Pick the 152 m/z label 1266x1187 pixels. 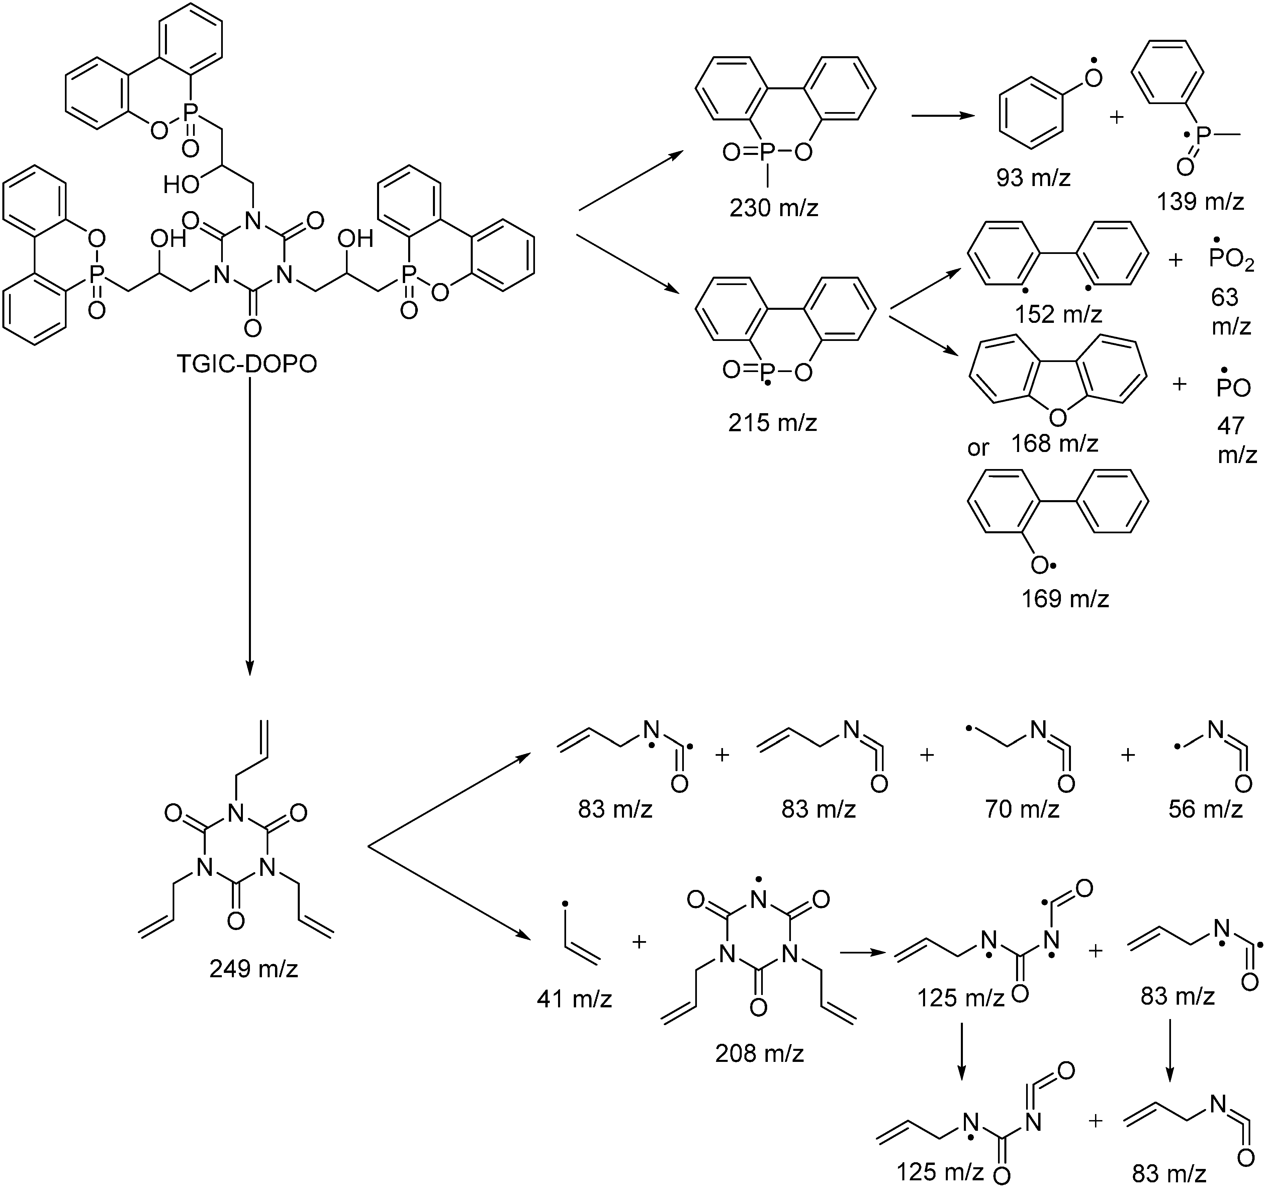1058,314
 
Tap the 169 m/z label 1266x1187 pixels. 1065,599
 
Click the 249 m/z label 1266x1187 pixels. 254,969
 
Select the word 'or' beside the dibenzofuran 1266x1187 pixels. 978,448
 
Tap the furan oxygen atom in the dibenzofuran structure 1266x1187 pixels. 1057,417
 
